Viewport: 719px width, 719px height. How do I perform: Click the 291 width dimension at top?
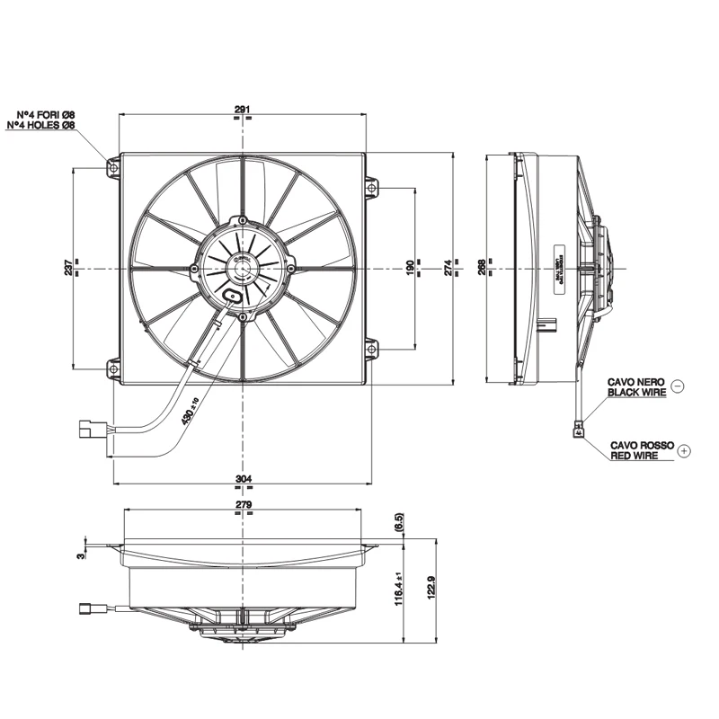coord(242,110)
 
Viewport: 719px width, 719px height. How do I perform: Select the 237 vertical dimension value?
coord(69,267)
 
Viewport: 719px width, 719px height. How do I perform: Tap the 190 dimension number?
coord(409,267)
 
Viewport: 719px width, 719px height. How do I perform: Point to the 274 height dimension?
coord(448,267)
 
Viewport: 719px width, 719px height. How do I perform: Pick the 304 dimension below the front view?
coord(243,478)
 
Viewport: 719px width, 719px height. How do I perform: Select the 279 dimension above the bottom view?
coord(243,505)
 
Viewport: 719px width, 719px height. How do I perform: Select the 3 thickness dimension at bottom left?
coord(80,555)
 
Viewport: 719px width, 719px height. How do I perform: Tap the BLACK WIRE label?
coord(637,392)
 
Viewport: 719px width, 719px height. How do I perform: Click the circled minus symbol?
coord(678,386)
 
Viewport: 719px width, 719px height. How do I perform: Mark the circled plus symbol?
coord(684,450)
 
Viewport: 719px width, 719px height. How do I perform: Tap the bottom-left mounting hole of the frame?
coord(113,367)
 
